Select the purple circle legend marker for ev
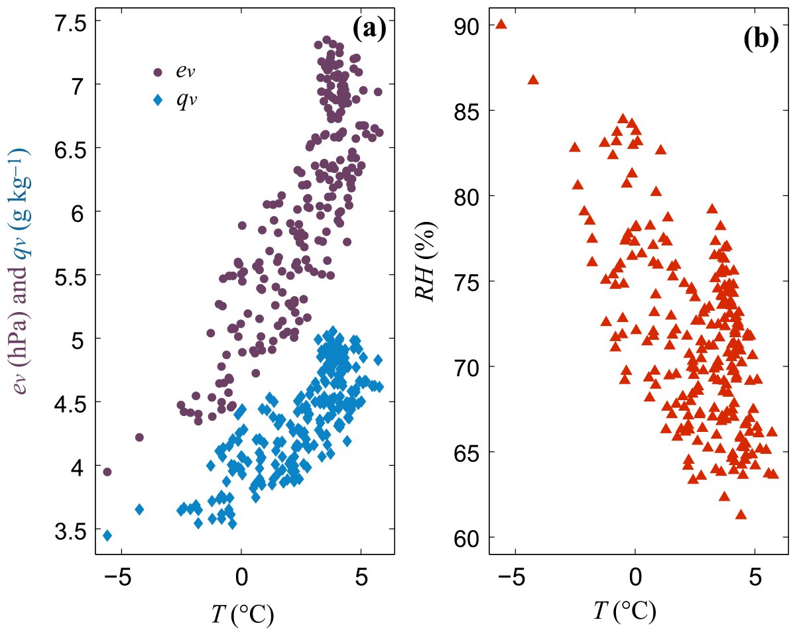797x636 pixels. click(x=158, y=72)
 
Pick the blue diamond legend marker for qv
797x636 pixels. click(x=158, y=100)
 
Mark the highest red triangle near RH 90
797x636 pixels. click(x=501, y=25)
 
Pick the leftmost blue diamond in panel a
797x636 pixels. click(x=107, y=535)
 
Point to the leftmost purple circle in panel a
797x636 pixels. click(x=107, y=472)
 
